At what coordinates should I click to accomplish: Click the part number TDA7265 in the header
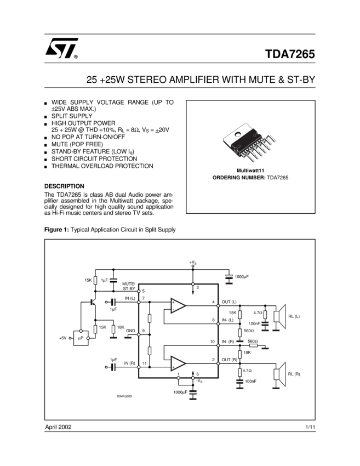pos(290,54)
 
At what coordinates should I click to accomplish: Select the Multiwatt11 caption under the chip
pos(250,171)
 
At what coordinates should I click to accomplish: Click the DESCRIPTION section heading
pos(64,186)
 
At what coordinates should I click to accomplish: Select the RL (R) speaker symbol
pos(279,373)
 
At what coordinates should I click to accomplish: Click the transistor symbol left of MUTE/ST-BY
pos(92,302)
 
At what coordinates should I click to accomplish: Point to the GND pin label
pos(130,331)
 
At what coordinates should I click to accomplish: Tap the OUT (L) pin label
pos(229,302)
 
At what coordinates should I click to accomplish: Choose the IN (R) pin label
pos(129,363)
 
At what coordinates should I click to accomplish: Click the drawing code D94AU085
pos(124,396)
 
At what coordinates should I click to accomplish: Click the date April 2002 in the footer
pos(58,427)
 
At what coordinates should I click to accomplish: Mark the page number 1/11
pos(310,427)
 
